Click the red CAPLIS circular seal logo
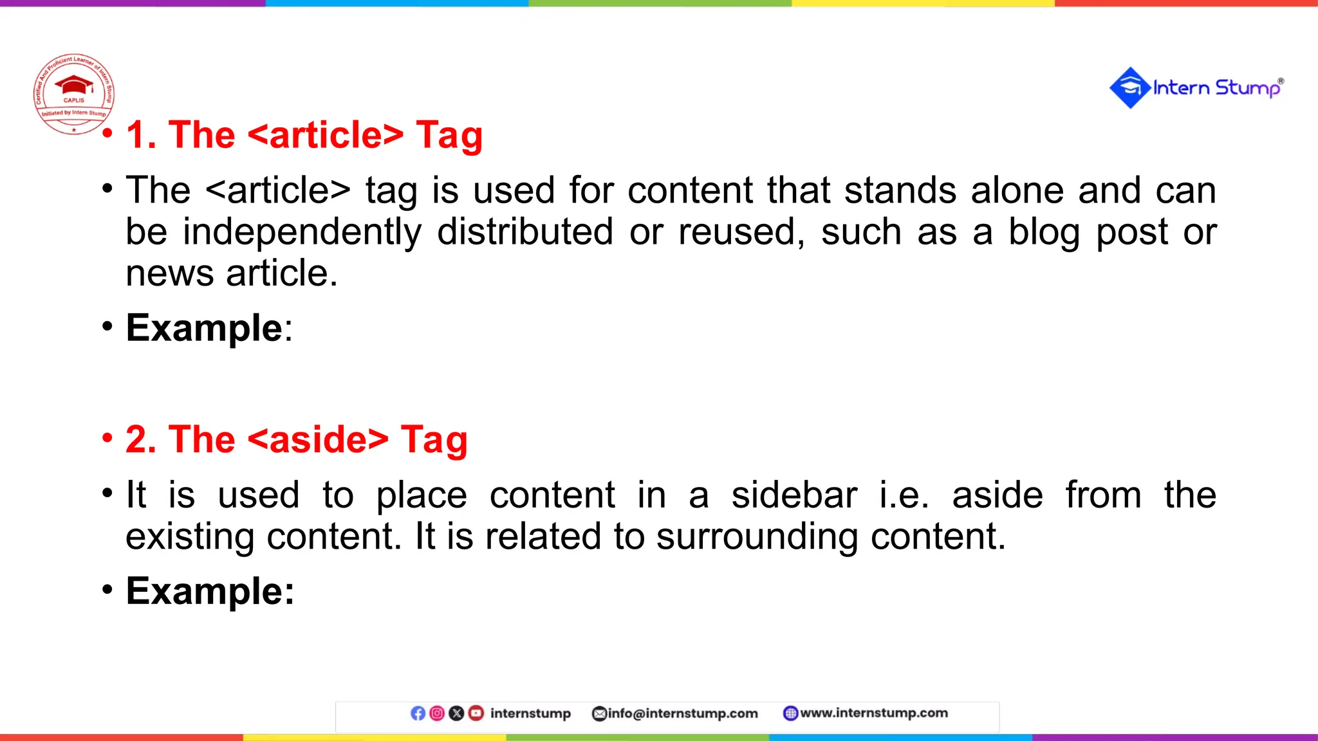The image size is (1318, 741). click(x=74, y=94)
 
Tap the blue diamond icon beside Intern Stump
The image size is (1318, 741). click(x=1129, y=87)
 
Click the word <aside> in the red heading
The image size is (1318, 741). click(x=318, y=440)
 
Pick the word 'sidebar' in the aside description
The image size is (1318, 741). click(x=794, y=495)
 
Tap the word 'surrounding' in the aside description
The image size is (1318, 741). click(x=757, y=536)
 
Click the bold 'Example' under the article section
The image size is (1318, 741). click(x=204, y=328)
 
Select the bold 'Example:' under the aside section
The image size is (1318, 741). click(x=210, y=591)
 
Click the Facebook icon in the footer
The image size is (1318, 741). click(x=418, y=713)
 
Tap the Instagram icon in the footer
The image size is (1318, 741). click(x=437, y=713)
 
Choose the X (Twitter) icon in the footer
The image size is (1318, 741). click(x=456, y=713)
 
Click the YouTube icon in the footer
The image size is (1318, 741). click(x=476, y=713)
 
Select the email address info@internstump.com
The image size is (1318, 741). click(x=682, y=713)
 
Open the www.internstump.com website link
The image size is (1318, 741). click(x=873, y=713)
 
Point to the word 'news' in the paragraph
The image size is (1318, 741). click(x=169, y=274)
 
